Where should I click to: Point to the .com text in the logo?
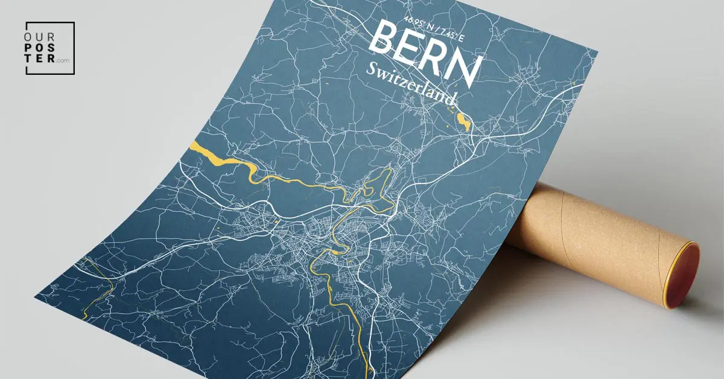63,61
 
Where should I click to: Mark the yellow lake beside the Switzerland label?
463,121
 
